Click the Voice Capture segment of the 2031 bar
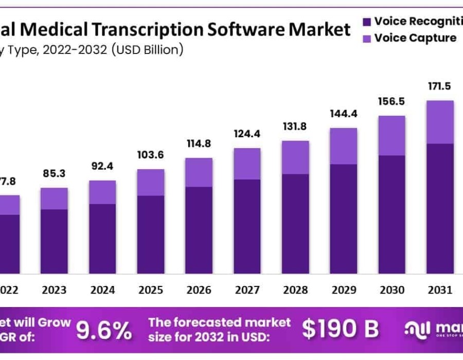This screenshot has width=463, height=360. (440, 122)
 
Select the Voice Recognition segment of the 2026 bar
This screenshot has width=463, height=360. (199, 229)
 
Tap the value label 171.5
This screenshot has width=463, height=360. (440, 85)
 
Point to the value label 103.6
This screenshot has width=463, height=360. (150, 154)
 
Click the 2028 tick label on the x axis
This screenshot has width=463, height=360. (295, 290)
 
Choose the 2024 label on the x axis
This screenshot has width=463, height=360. (102, 290)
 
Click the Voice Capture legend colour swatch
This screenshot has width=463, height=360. (366, 38)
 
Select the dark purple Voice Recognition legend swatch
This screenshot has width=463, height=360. (366, 22)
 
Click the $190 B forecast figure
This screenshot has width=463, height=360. (340, 329)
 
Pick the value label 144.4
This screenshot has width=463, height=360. (344, 113)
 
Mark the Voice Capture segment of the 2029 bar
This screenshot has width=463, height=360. (344, 146)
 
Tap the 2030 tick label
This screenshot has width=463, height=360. (392, 290)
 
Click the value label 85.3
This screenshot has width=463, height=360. (54, 173)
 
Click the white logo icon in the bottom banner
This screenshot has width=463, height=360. (417, 330)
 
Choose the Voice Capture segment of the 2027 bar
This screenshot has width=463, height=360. (247, 164)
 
